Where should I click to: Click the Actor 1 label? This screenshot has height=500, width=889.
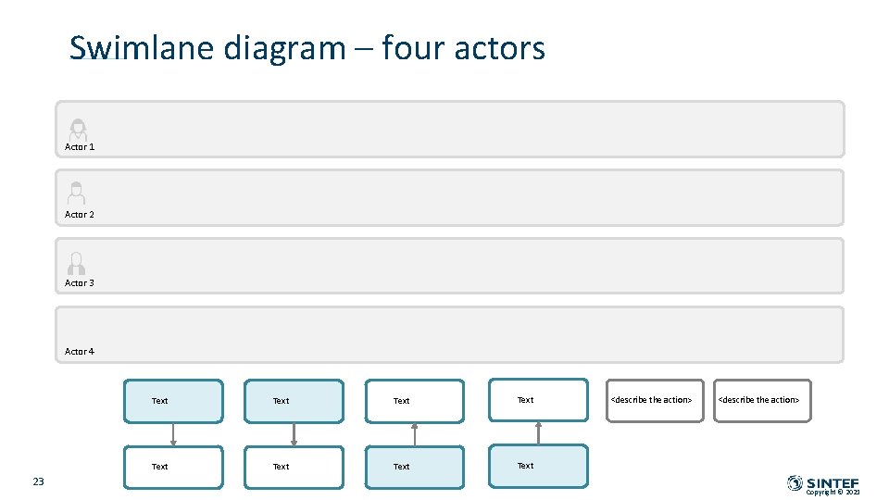tap(80, 147)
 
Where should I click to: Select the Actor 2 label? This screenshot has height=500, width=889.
tap(80, 215)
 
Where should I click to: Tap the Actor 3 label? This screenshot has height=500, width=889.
tap(80, 283)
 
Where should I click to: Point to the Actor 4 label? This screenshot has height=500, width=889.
tap(80, 352)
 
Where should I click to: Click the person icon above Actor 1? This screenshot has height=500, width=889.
tap(78, 130)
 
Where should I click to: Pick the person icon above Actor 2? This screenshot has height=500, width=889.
tap(77, 193)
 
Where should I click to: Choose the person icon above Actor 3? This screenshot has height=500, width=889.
tap(77, 263)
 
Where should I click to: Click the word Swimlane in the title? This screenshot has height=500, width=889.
tap(142, 48)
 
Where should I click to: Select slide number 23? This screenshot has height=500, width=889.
tap(39, 481)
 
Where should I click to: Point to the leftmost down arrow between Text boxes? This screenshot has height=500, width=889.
tap(173, 434)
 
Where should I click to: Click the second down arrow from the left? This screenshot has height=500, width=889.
tap(294, 434)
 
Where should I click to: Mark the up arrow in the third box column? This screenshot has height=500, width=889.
tap(415, 434)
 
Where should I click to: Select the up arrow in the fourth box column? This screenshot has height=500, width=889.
tap(538, 433)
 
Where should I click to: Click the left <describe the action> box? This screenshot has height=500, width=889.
tap(655, 401)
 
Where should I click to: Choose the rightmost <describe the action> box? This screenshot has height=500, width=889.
tap(762, 401)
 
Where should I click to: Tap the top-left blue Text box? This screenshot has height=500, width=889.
tap(174, 401)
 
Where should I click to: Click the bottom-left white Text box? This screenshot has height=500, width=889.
tap(174, 467)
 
